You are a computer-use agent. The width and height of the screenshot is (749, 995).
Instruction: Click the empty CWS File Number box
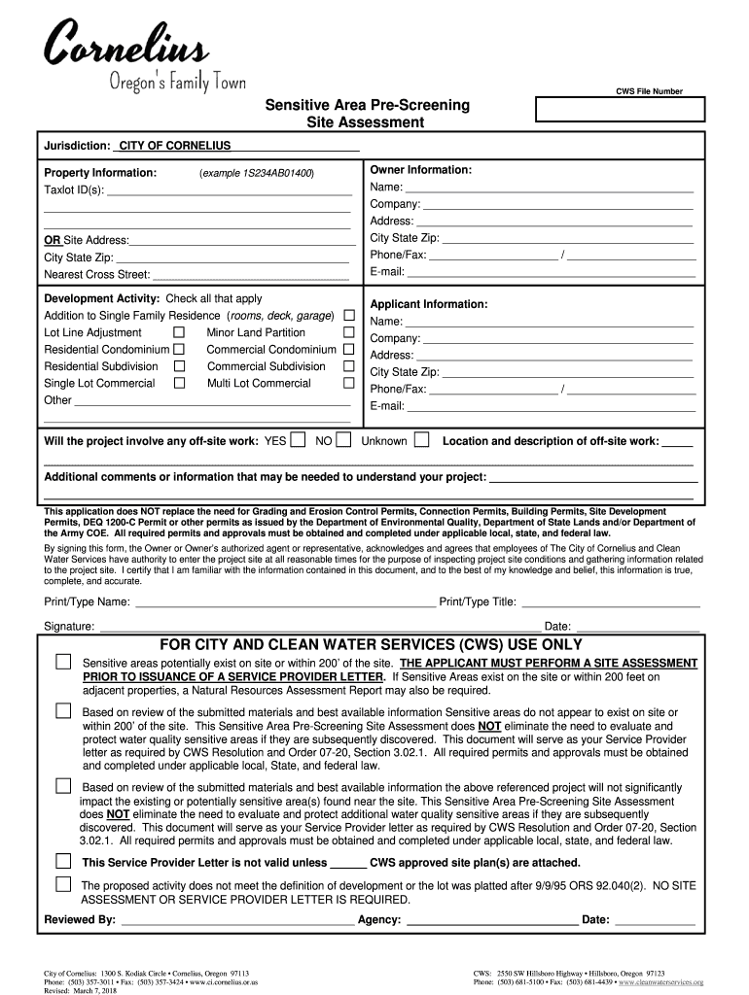pyautogui.click(x=620, y=110)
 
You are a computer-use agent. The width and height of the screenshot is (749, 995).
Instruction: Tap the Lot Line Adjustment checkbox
pyautogui.click(x=179, y=332)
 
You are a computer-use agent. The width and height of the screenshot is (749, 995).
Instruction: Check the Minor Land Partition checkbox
pyautogui.click(x=348, y=332)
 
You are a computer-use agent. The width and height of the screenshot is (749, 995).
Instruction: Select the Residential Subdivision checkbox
pyautogui.click(x=179, y=366)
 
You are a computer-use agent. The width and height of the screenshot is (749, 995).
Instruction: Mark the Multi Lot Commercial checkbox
pyautogui.click(x=348, y=383)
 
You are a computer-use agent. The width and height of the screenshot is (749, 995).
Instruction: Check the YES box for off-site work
pyautogui.click(x=298, y=440)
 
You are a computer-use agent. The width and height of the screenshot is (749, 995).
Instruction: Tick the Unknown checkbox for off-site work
pyautogui.click(x=421, y=440)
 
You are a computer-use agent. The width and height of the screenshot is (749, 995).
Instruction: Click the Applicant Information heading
pyautogui.click(x=429, y=304)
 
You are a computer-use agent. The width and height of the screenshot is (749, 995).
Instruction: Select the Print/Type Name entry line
pyautogui.click(x=284, y=601)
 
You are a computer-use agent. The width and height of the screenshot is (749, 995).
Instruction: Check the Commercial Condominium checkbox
pyautogui.click(x=348, y=349)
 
